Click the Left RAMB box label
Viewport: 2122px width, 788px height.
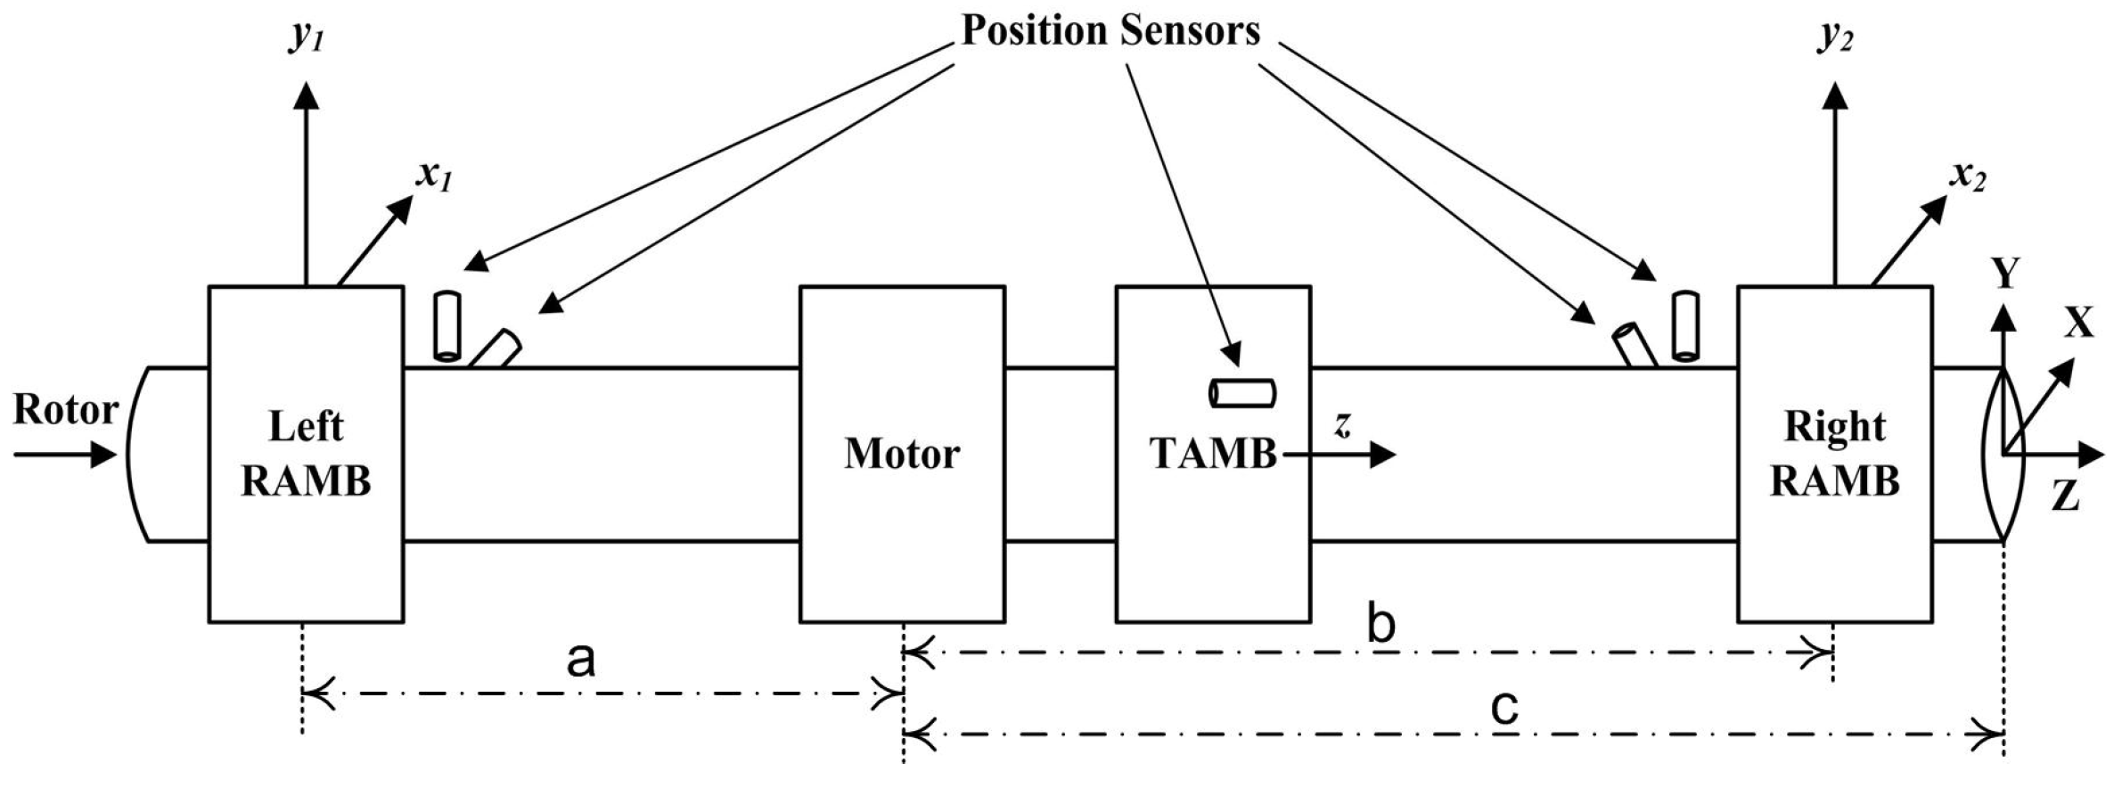306,454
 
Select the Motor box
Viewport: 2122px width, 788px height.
902,454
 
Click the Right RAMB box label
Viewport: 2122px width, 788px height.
1834,454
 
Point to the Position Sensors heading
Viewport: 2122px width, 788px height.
1110,31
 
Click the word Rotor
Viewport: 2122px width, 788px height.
65,411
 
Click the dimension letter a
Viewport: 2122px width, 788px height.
581,661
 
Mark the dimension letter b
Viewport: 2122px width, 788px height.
1381,627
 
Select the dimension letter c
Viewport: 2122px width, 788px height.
1504,709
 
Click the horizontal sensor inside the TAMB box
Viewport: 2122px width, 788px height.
1242,393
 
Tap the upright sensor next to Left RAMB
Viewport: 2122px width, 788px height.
446,326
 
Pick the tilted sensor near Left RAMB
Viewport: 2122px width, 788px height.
496,349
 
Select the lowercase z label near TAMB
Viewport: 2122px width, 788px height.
1341,425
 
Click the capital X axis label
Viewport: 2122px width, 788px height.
2079,323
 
